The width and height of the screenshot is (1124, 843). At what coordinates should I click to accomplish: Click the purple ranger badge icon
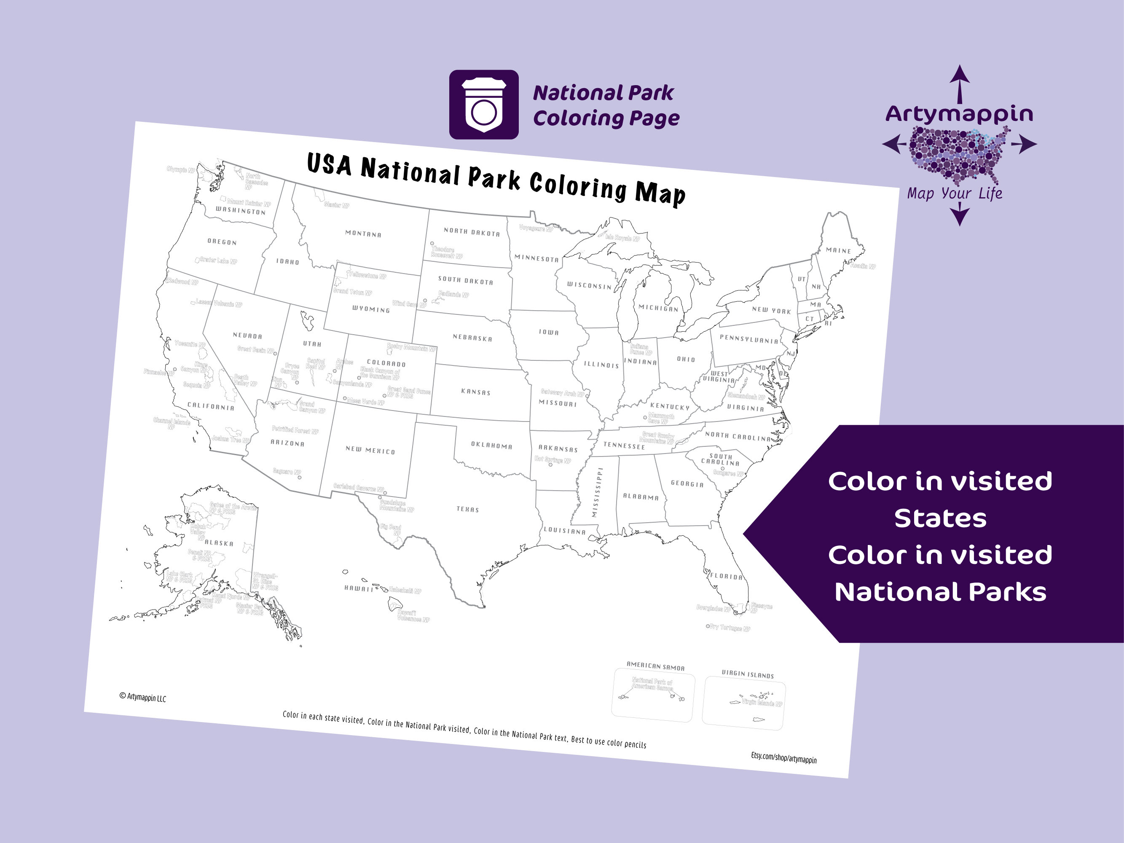pos(483,105)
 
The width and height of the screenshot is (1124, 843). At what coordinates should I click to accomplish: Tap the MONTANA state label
pos(363,234)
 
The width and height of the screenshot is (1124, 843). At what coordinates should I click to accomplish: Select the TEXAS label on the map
pos(467,509)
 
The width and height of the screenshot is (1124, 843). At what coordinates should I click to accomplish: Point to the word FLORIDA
pos(727,576)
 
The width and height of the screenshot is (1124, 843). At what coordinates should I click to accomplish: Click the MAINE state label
pos(838,250)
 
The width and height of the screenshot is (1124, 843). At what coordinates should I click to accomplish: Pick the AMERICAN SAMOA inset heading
pos(655,666)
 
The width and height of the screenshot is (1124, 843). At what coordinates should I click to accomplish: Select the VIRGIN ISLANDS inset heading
pos(748,674)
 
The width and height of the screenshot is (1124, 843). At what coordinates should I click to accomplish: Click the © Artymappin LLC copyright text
pos(143,697)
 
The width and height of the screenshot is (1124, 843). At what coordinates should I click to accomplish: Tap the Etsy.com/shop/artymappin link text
pos(783,759)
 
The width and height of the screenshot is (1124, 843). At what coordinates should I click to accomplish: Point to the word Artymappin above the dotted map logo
pos(959,114)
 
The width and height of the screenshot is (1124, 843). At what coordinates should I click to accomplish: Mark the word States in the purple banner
pos(940,519)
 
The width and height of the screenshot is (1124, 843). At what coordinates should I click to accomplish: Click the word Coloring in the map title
pos(578,186)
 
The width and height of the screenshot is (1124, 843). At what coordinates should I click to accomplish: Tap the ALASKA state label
pos(219,543)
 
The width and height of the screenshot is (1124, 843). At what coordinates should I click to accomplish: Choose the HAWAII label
pos(359,588)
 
